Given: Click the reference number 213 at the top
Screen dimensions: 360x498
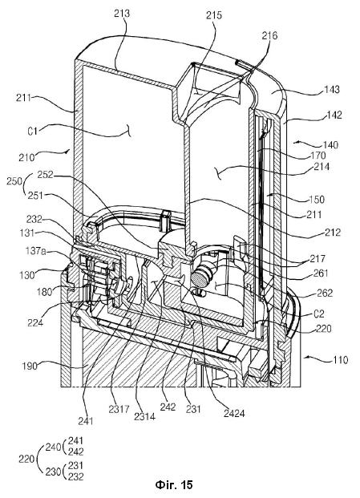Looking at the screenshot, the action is pyautogui.click(x=122, y=13).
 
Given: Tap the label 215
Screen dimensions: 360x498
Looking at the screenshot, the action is pyautogui.click(x=214, y=15).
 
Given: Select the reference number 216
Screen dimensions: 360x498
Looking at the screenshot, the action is pyautogui.click(x=269, y=35).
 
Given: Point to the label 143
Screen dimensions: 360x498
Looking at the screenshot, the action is pyautogui.click(x=331, y=89).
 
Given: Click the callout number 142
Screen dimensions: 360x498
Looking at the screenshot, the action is pyautogui.click(x=334, y=115).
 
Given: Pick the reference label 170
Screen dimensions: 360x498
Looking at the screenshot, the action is pyautogui.click(x=318, y=156).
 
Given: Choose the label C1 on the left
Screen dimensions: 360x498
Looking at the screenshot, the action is pyautogui.click(x=32, y=131).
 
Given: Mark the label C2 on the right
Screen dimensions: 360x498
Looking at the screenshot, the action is pyautogui.click(x=319, y=314).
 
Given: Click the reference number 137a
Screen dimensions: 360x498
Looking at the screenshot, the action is pyautogui.click(x=35, y=251).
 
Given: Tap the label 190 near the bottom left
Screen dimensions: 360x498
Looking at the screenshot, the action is pyautogui.click(x=29, y=366).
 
